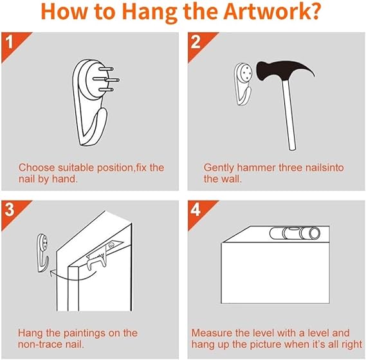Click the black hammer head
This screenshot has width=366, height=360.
(x=280, y=70)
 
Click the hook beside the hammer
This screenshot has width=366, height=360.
(x=242, y=84)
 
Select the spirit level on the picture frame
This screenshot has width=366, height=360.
(x=295, y=233)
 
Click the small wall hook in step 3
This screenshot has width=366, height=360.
(x=42, y=253)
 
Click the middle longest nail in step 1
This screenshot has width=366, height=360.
(x=106, y=80)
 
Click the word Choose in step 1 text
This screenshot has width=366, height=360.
(x=37, y=168)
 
